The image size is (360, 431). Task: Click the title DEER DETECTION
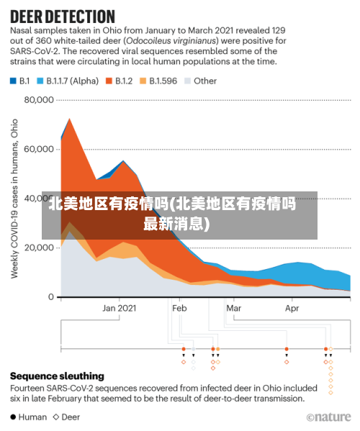point(63,15)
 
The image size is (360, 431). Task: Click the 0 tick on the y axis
point(50,296)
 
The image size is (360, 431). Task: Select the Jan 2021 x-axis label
point(119,308)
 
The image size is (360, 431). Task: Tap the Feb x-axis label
point(180,308)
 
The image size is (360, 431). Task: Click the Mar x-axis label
point(233,308)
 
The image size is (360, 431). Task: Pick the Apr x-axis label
point(292,308)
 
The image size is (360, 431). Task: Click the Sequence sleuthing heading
point(57,376)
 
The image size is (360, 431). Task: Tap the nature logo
point(329,417)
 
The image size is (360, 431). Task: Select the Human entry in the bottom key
point(28,417)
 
